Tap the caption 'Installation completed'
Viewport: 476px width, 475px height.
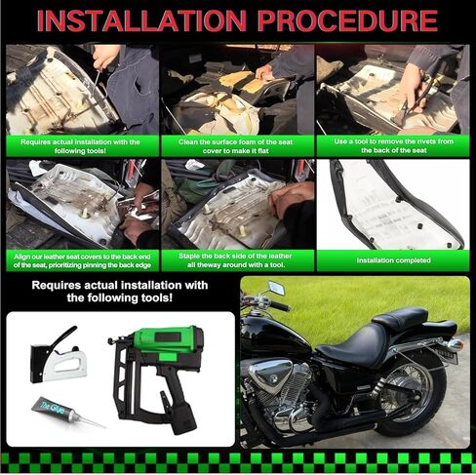pos(394,260)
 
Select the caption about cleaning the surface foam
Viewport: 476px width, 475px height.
pos(237,144)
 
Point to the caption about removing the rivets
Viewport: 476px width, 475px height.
pos(394,144)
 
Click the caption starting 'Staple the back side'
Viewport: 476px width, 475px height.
pos(237,259)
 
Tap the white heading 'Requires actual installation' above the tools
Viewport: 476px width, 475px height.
pos(122,293)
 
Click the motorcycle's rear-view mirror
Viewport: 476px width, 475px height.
pos(275,290)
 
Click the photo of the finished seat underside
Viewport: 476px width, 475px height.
pos(394,206)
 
